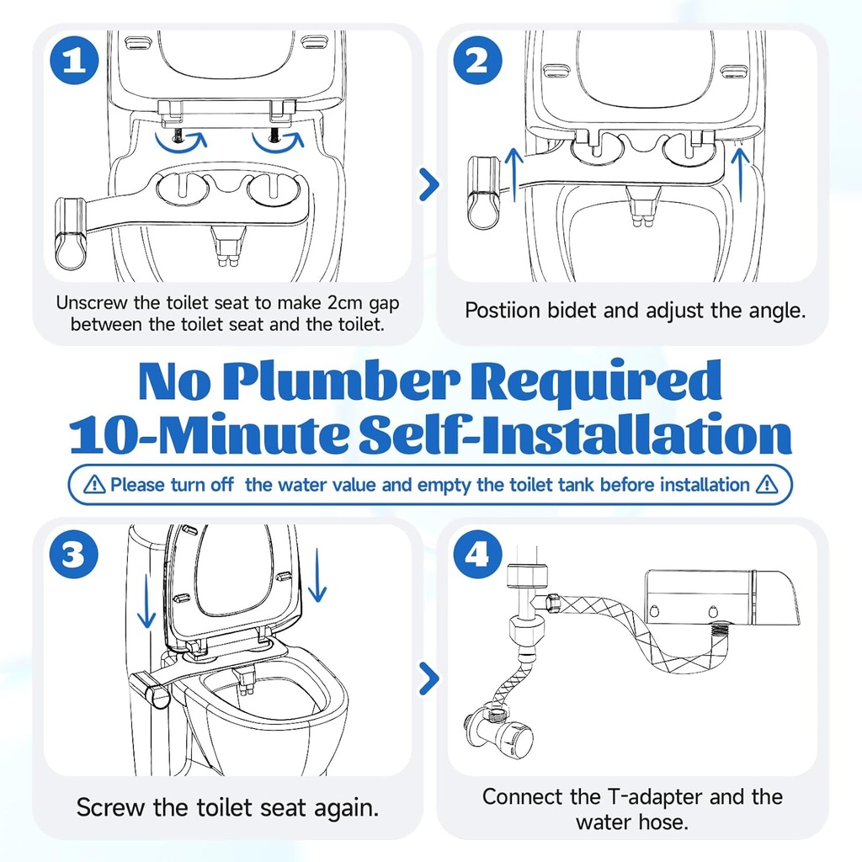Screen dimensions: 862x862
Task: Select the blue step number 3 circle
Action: click(73, 555)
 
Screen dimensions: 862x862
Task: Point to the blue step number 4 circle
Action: click(478, 555)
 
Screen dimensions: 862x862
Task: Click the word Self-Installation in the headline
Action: click(572, 435)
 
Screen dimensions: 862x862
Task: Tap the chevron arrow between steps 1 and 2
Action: click(429, 184)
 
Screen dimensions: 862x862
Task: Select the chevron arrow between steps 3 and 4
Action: click(429, 678)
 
